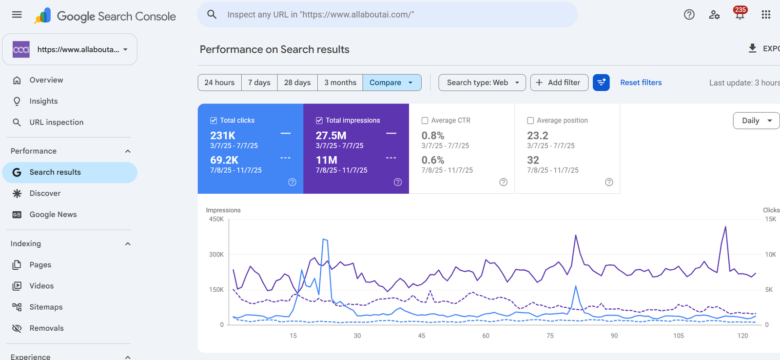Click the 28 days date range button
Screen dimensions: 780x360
(x=297, y=82)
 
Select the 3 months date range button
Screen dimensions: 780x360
(x=340, y=82)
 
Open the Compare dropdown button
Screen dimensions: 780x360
(x=392, y=82)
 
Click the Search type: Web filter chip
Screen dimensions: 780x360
(x=482, y=82)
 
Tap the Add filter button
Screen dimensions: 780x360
(x=559, y=82)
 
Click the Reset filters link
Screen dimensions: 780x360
(x=641, y=82)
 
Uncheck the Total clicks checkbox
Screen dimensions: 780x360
(x=214, y=120)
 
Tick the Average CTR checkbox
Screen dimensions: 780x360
(x=425, y=120)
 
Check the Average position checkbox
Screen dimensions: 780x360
(x=530, y=120)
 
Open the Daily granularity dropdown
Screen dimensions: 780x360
(x=756, y=120)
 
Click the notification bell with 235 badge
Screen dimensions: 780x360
(x=740, y=14)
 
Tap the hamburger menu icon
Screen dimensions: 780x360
(x=17, y=15)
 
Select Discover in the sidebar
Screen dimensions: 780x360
(x=45, y=194)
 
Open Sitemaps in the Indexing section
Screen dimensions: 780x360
(x=46, y=307)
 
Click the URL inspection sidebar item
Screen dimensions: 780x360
(x=57, y=122)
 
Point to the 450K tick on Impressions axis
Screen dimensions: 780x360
(x=216, y=219)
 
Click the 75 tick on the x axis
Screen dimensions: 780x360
(x=550, y=336)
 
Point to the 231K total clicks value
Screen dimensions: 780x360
(x=223, y=135)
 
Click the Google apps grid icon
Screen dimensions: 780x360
(x=766, y=14)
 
